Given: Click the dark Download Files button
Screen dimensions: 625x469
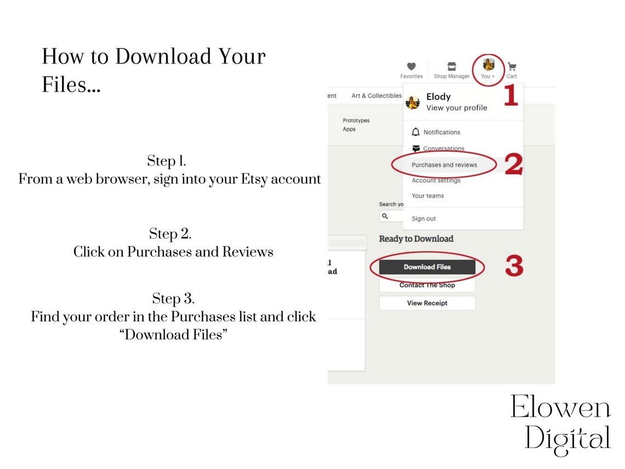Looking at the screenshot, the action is [x=427, y=267].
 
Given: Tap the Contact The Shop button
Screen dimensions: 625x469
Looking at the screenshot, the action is [x=427, y=285].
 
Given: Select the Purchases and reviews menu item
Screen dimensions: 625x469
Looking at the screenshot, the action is [x=444, y=165].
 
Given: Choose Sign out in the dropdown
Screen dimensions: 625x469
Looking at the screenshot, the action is [x=424, y=218].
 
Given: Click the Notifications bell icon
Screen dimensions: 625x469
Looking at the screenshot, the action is [x=416, y=132].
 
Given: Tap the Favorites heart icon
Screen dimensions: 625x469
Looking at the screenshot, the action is [x=411, y=66].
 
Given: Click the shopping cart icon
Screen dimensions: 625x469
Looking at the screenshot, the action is [x=512, y=66].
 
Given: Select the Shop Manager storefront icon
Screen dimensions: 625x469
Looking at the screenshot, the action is [x=452, y=66].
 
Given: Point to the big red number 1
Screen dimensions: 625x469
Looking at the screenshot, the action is [x=511, y=95].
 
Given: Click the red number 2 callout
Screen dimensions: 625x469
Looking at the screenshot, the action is [x=513, y=164].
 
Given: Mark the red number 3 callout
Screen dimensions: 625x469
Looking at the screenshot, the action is [x=514, y=265].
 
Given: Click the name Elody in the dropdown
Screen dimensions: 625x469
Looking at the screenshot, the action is [x=439, y=97].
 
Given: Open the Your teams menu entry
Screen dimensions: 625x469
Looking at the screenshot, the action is [x=428, y=196].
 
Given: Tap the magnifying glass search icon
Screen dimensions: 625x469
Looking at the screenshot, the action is [x=385, y=216].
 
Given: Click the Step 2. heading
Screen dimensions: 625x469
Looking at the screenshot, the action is [x=170, y=234].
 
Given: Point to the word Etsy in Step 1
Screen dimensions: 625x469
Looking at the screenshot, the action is [x=254, y=179].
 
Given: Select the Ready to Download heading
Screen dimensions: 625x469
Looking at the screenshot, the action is [x=416, y=239].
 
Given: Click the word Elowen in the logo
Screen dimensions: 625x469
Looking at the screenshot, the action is [x=560, y=407].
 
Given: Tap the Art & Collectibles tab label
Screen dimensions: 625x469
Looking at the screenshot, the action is [x=377, y=95].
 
